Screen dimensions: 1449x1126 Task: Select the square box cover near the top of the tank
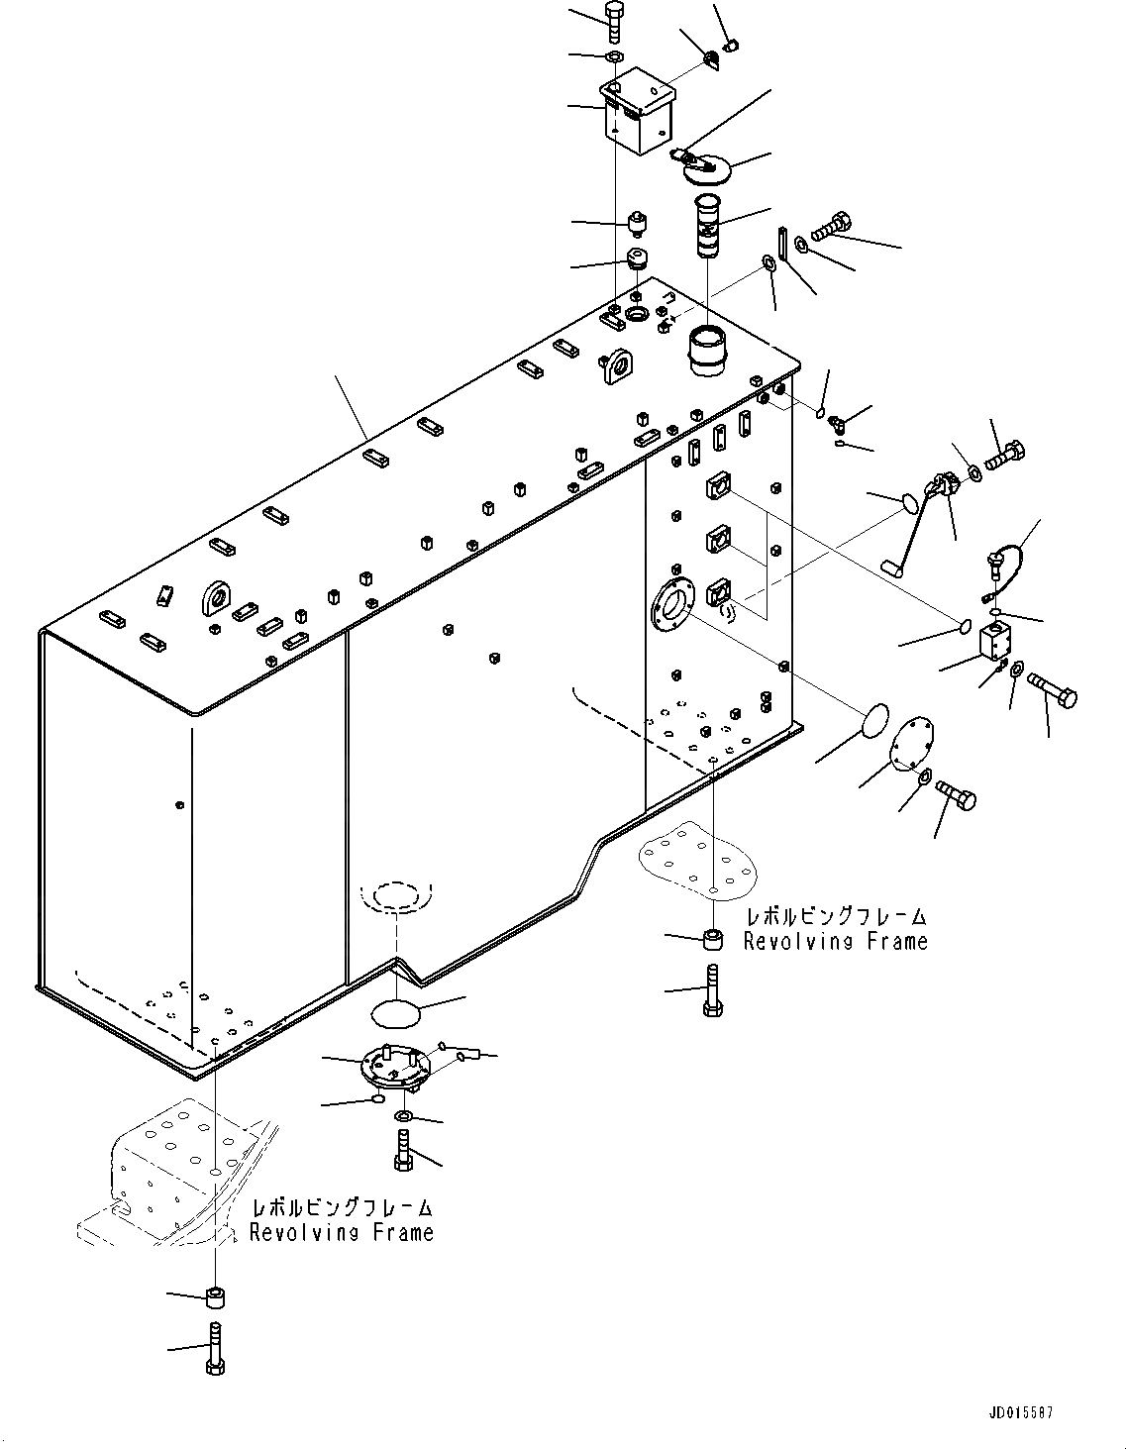[638, 118]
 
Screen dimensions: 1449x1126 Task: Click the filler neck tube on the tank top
[707, 352]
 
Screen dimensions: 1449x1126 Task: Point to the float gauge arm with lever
[916, 526]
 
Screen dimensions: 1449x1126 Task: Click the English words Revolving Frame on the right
[835, 942]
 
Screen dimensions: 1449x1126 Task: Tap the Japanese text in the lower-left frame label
[341, 1208]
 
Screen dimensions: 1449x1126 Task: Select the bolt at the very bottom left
[216, 1349]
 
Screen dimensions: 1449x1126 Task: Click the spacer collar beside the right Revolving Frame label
[712, 939]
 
